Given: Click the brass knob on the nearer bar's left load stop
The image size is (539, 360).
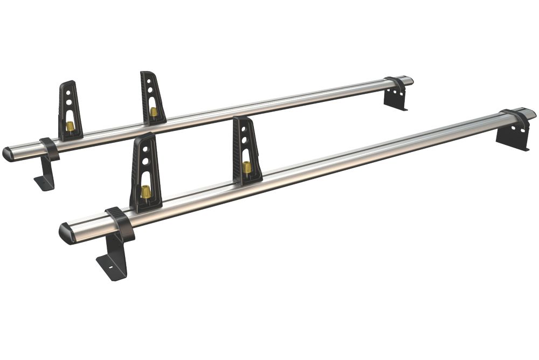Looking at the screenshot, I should coord(146,191).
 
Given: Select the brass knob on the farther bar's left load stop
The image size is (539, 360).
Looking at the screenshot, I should coord(70,127).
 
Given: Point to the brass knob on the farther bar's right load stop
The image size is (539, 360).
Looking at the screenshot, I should coord(154,112).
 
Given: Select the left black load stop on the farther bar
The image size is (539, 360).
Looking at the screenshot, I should coord(70,110).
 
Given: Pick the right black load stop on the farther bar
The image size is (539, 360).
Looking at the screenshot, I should coord(153,97).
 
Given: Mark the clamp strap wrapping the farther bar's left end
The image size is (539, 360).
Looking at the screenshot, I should coord(49,148).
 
